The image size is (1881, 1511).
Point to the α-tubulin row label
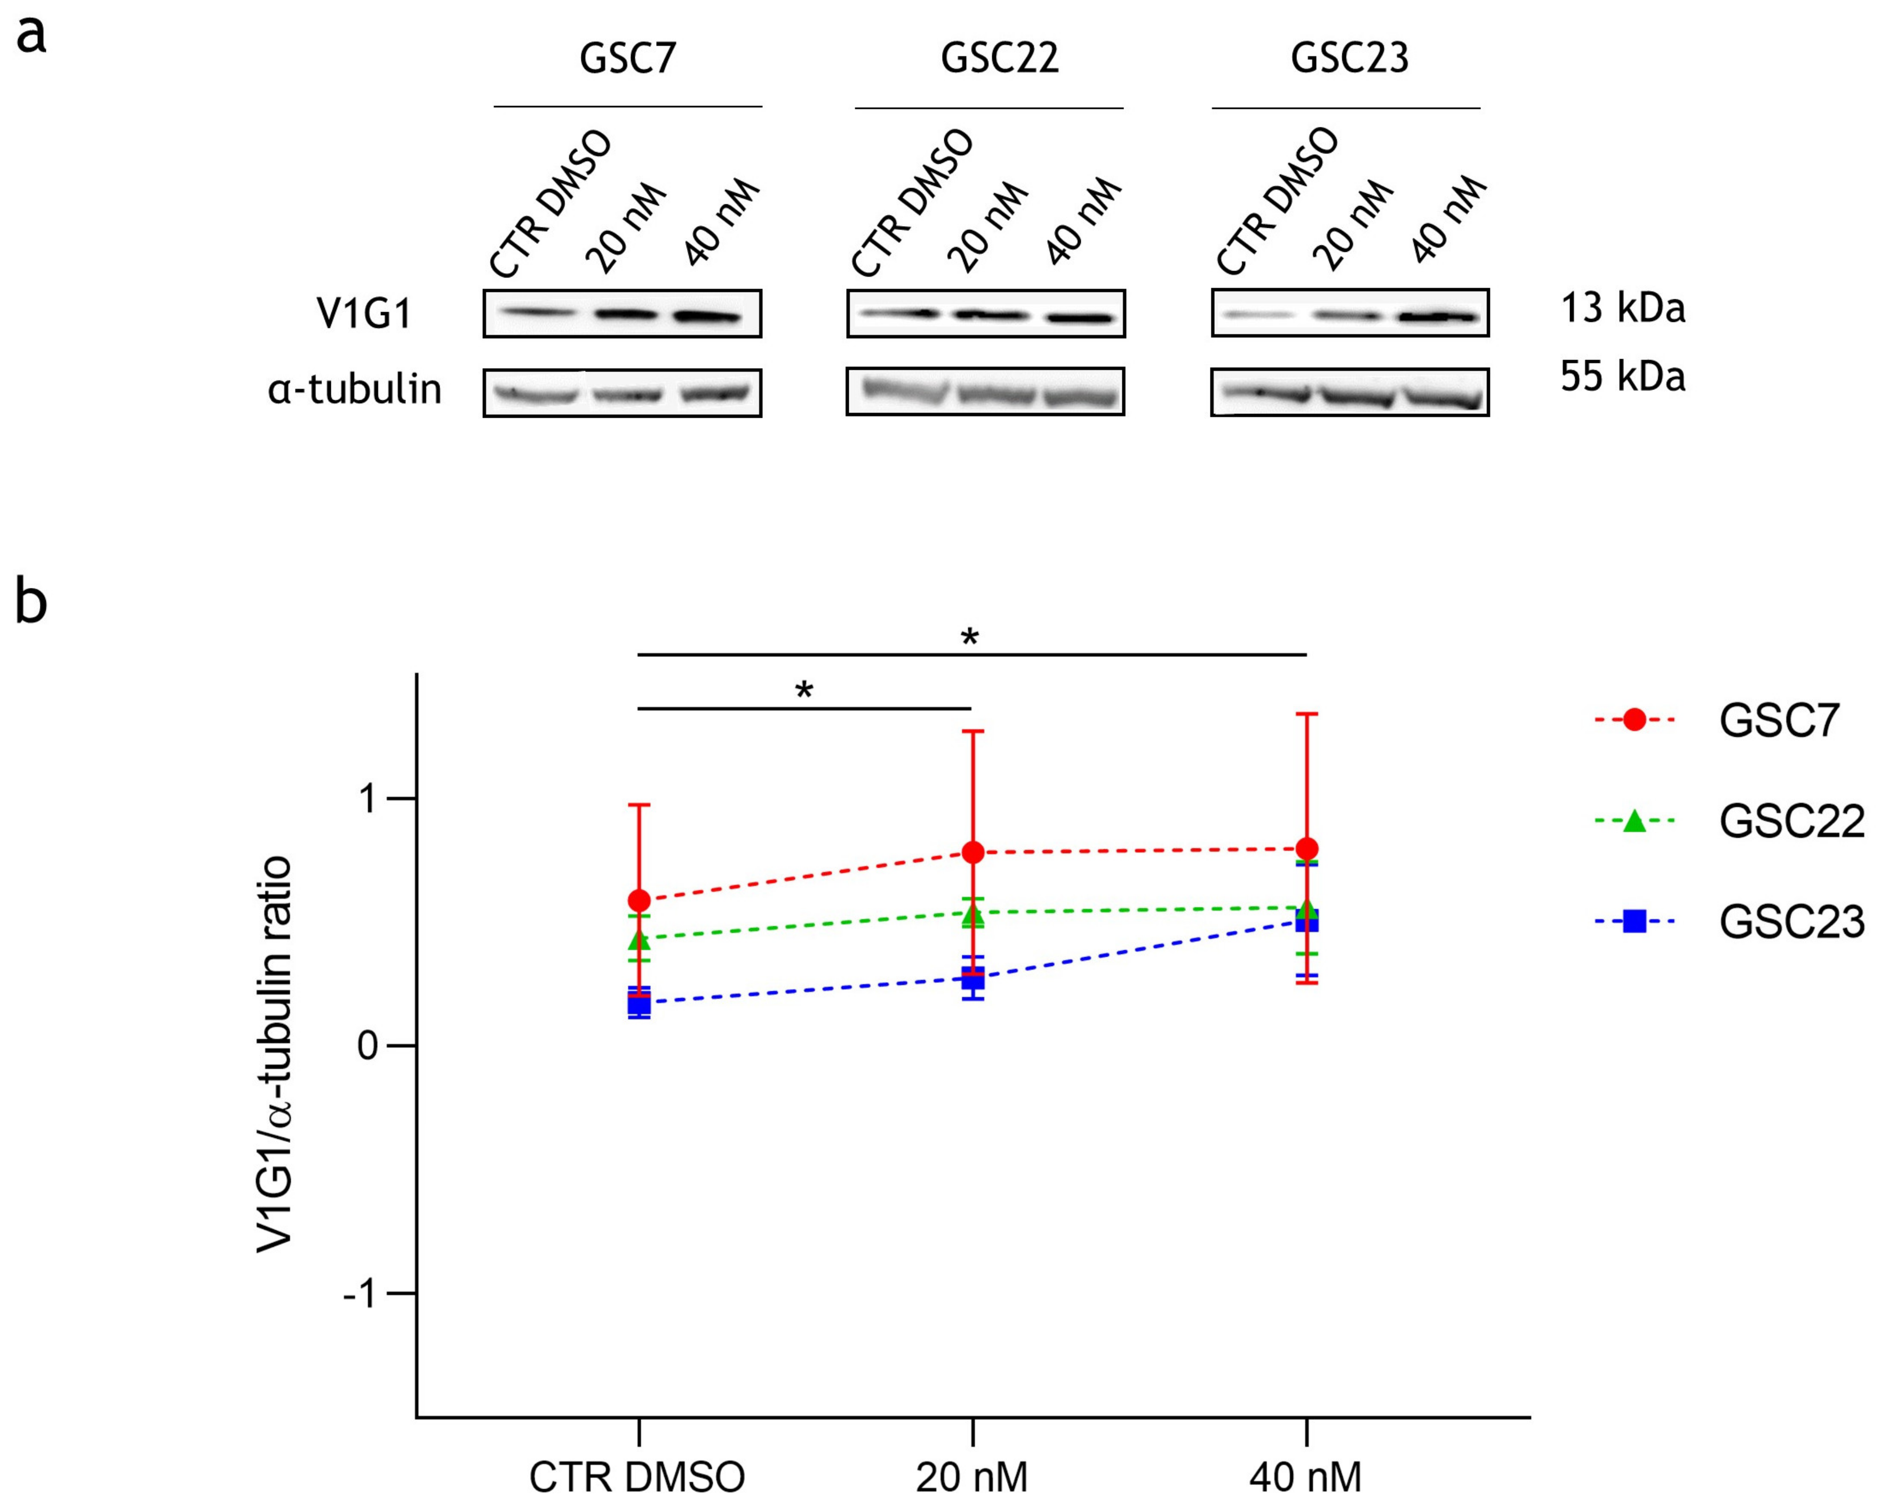click(354, 389)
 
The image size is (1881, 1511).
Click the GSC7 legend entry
click(1778, 721)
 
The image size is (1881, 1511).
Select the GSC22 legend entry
click(1790, 821)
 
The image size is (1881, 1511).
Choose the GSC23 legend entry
click(1790, 921)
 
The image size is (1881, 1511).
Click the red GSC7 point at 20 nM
click(973, 852)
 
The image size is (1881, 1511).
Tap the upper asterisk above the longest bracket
click(969, 638)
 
